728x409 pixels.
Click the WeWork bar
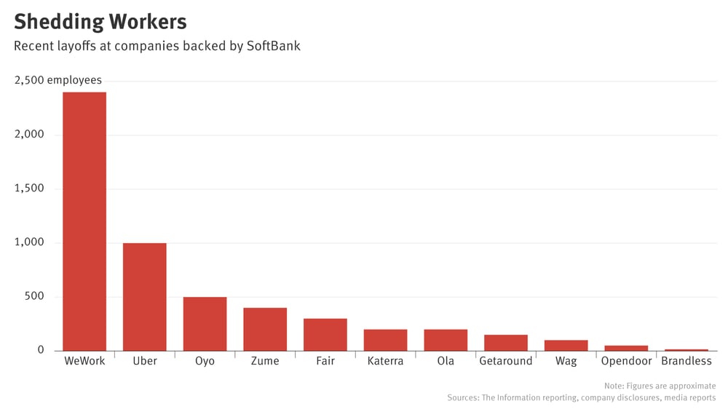click(x=84, y=221)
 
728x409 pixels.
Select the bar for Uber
click(x=144, y=297)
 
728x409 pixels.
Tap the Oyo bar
click(x=205, y=324)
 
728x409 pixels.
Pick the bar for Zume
click(x=265, y=329)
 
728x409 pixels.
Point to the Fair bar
click(x=325, y=335)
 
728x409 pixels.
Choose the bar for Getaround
click(x=506, y=343)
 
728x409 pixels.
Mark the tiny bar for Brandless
click(x=687, y=349)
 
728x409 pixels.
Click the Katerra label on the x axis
click(x=385, y=361)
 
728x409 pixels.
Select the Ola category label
click(x=446, y=361)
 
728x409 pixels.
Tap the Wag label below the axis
click(x=566, y=361)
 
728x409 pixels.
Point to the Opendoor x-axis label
click(x=626, y=361)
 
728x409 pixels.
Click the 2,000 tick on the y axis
click(x=29, y=135)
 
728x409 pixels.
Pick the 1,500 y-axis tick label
click(x=29, y=188)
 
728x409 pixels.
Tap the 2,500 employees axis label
click(x=58, y=80)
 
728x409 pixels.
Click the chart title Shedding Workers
click(x=100, y=21)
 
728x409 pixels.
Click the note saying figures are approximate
click(x=660, y=386)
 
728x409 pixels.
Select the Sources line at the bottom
click(x=581, y=398)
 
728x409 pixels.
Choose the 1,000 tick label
click(x=29, y=242)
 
